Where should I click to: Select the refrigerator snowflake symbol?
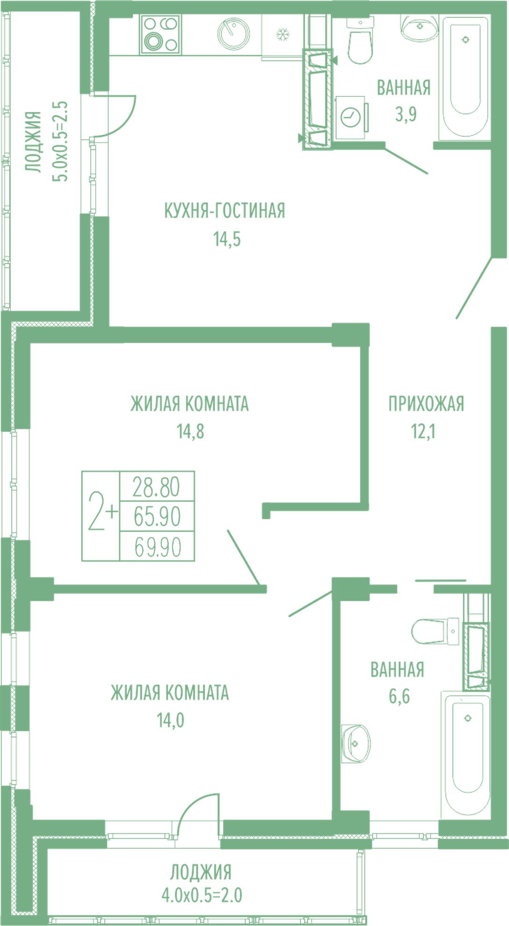282,34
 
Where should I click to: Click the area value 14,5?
227,239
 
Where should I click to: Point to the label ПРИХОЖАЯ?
426,404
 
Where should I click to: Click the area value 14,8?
190,432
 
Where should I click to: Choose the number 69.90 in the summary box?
158,547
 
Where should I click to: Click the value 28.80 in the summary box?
156,487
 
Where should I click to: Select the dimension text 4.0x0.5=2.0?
202,896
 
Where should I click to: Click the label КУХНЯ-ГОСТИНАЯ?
225,211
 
